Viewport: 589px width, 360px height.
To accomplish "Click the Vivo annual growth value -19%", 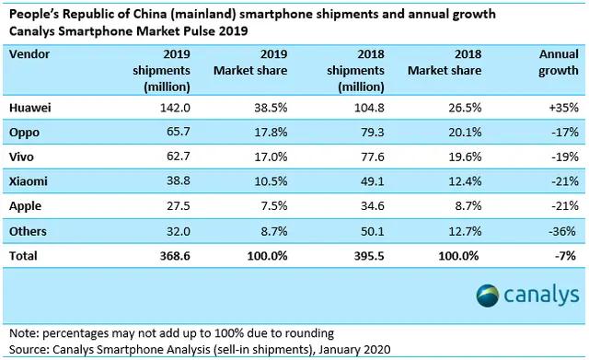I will click(x=560, y=158).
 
